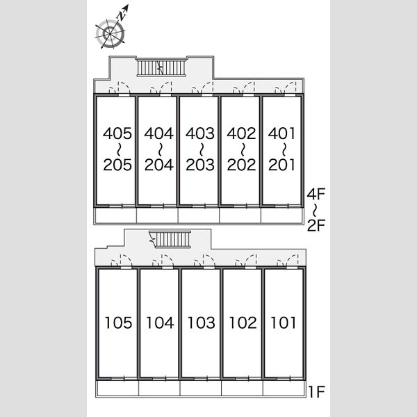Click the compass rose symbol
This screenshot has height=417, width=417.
pos(111,33)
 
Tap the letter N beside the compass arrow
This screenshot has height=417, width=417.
pos(121,17)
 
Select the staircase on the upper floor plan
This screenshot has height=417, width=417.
pos(161,68)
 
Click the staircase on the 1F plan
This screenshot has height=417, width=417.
pos(170,239)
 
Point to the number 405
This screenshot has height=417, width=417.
pos(117,133)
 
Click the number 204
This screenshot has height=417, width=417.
pos(158,165)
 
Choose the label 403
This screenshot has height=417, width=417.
pos(200,133)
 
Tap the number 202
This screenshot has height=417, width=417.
pos(241,165)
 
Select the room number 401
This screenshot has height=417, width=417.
pos(281,133)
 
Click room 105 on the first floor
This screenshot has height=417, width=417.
pos(118,322)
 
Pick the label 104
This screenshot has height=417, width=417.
pos(160,322)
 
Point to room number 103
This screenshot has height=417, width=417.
pos(202,322)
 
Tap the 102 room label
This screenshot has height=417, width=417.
pos(243,322)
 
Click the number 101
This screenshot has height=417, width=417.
pos(284,322)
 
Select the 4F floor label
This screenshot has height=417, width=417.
pos(316,194)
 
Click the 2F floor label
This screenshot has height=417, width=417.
pos(316,225)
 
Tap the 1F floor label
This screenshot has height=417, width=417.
pos(316,391)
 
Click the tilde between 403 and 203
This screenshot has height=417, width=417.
pos(202,149)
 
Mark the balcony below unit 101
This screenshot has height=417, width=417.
pos(284,389)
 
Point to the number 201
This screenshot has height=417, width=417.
pos(281,165)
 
